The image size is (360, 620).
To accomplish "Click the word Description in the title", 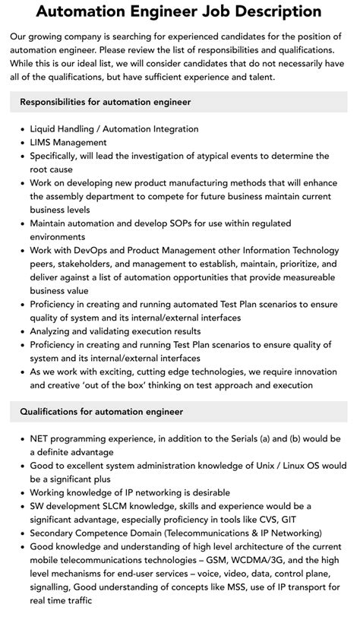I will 262,12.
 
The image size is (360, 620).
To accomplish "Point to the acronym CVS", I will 251,519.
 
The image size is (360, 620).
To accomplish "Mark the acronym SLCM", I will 110,506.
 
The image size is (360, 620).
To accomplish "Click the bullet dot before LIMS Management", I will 21,142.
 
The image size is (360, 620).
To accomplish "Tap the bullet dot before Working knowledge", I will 21,492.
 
